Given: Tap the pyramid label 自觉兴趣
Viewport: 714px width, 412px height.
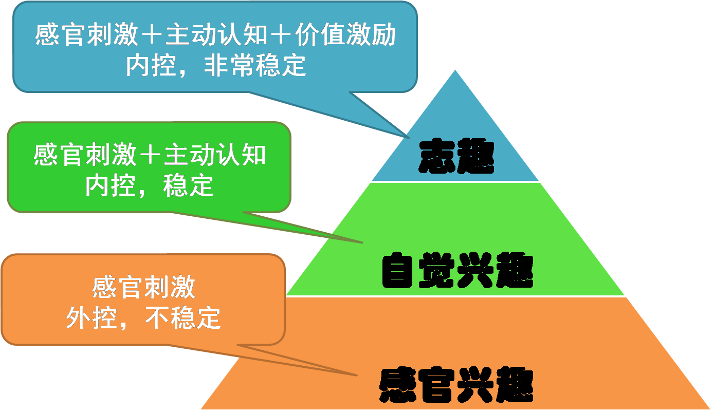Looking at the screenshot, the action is coord(457,270).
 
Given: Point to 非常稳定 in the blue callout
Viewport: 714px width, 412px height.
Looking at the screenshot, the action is coord(255,66).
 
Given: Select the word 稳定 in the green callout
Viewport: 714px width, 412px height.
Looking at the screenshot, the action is coord(188,185).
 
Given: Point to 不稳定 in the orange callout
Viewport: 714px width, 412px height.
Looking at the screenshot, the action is coord(182,319).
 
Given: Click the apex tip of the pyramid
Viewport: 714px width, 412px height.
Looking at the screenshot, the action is coord(455,68).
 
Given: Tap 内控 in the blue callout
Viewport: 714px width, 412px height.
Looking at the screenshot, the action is coord(152,66).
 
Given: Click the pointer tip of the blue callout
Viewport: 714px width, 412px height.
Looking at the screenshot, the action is coord(409,138).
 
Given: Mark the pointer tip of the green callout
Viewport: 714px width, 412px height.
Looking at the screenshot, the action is coord(363,242).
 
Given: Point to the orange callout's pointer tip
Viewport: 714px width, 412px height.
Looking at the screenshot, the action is coord(357,376).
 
